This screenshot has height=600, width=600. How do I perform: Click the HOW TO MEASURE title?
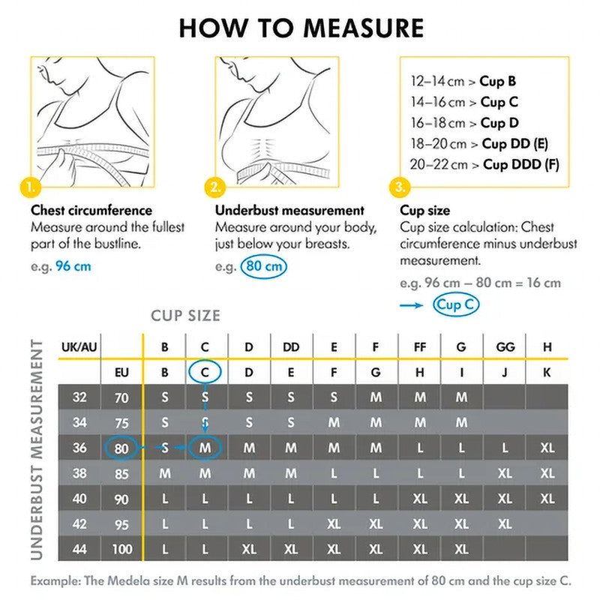click(x=301, y=28)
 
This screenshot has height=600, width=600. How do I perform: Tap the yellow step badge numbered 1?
click(x=31, y=186)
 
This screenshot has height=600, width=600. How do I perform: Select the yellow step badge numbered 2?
click(x=215, y=186)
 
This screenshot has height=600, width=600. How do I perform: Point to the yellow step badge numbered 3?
click(x=400, y=186)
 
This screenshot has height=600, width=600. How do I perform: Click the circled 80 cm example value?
click(x=264, y=266)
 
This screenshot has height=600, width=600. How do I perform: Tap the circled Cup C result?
click(x=456, y=304)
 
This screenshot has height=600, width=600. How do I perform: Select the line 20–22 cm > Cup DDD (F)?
click(x=484, y=164)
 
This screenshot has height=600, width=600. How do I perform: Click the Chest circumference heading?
click(x=91, y=211)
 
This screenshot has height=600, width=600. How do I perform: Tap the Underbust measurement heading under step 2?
click(x=289, y=211)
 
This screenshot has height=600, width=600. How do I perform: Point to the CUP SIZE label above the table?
click(x=185, y=316)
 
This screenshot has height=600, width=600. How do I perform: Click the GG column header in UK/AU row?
click(x=505, y=347)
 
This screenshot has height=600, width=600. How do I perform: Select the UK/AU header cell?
click(x=79, y=347)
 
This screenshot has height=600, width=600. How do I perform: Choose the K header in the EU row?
click(x=547, y=372)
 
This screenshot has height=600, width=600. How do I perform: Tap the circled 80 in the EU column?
click(x=122, y=448)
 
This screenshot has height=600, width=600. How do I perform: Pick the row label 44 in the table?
click(x=79, y=549)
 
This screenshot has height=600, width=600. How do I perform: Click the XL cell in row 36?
click(x=547, y=448)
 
